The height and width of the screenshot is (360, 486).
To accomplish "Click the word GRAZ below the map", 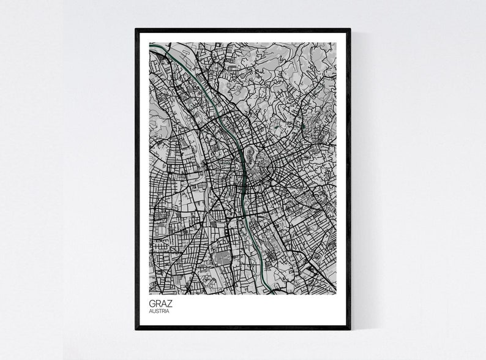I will pos(160,302).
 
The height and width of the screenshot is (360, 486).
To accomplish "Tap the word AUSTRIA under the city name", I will pos(159,311).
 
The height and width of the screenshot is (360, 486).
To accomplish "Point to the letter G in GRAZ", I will pos(152,302).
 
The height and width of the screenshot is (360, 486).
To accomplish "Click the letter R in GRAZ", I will pos(158,302).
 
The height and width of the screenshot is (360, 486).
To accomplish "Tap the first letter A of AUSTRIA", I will pos(151,311).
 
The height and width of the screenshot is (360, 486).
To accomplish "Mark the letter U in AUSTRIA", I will pos(154,311).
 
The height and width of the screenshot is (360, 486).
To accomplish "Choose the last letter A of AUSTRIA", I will pos(168,311).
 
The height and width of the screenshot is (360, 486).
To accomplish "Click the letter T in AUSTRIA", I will pos(160,311).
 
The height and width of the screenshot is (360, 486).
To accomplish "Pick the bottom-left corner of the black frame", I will pos(136,328).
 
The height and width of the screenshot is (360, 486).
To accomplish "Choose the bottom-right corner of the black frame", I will pos(350,328).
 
